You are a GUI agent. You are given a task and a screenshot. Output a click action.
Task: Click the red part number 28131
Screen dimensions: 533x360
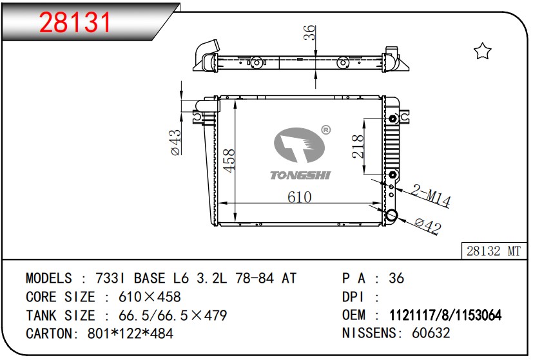tap(75, 22)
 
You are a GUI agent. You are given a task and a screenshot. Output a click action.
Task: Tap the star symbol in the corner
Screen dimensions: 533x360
tap(482, 51)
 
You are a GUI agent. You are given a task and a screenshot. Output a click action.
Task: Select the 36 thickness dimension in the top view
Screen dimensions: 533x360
tap(310, 33)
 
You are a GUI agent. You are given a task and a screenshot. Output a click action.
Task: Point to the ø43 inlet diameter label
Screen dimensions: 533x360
tap(176, 142)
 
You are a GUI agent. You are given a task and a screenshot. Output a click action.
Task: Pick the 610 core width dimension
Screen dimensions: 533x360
tap(300, 197)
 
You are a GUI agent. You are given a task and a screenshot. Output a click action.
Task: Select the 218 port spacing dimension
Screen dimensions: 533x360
tap(358, 146)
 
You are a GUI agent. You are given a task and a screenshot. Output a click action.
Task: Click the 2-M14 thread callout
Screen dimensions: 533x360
tap(431, 196)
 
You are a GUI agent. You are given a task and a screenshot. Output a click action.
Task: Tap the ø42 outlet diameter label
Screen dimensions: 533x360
tap(429, 225)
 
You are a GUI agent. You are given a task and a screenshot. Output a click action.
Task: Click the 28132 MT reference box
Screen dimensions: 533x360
tap(494, 251)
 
